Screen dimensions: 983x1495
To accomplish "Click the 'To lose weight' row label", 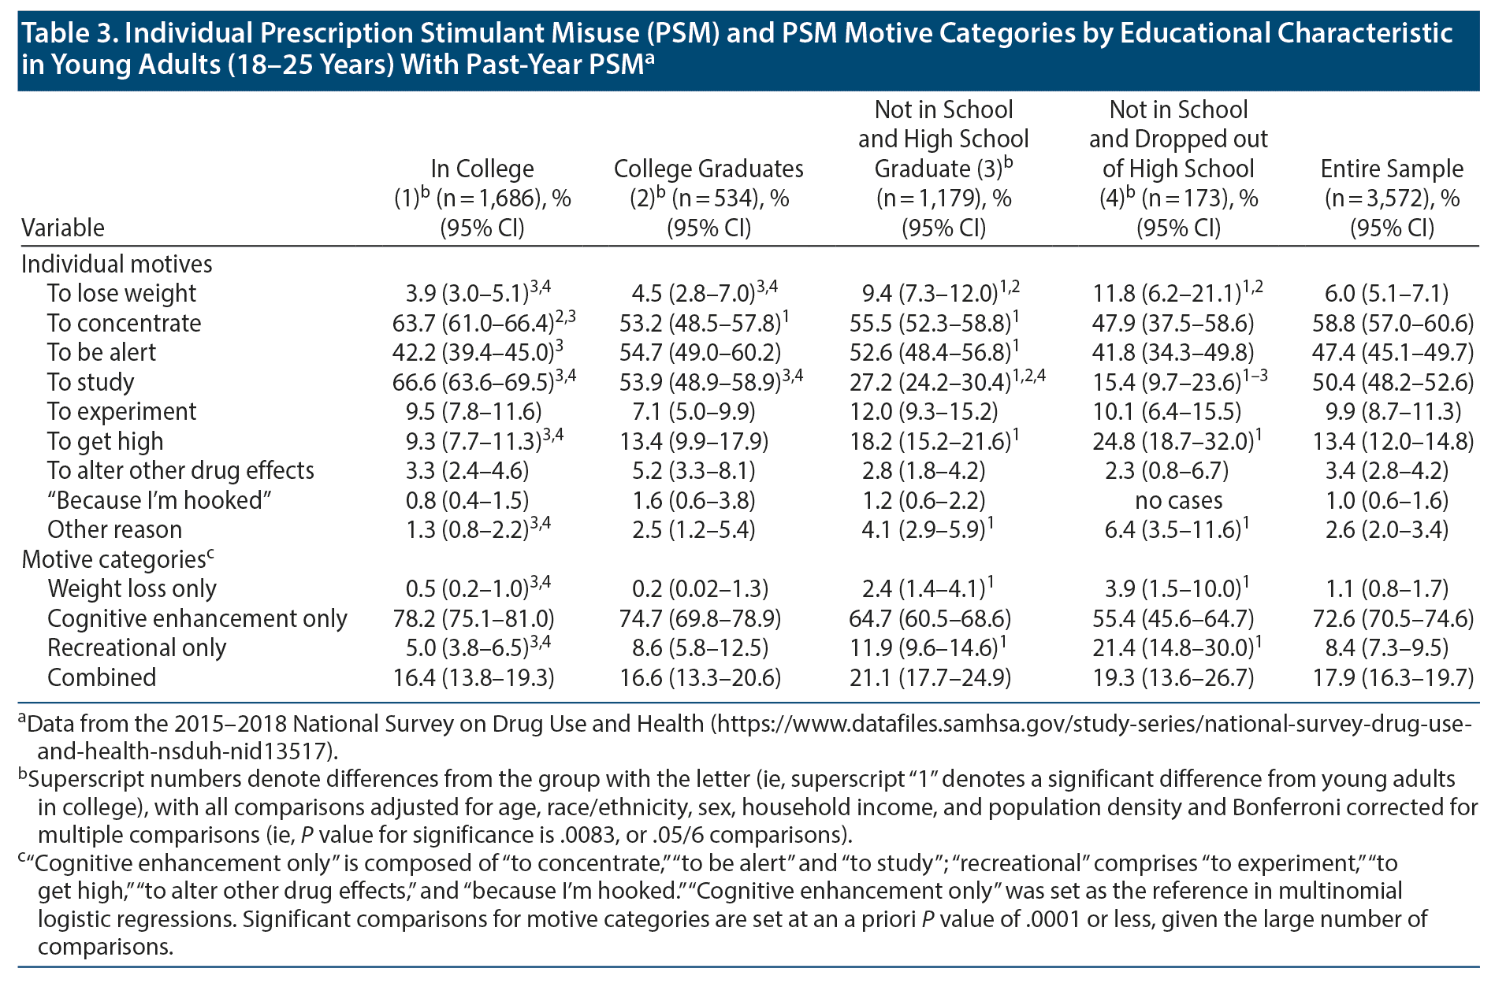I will pos(121,294).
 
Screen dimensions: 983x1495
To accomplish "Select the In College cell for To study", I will pos(482,382).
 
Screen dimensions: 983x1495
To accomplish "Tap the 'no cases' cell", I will pos(1178,500).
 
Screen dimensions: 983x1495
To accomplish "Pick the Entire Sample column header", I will pos(1392,198).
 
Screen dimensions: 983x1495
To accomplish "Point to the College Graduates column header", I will pos(708,198).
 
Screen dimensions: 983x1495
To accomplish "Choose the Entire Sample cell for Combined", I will pos(1392,677).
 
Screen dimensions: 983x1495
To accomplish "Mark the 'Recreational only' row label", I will pos(136,648).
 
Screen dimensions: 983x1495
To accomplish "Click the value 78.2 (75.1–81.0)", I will pos(473,618).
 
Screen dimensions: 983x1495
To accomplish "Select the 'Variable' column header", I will pos(63,228).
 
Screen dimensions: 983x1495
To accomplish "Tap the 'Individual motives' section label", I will pos(117,264).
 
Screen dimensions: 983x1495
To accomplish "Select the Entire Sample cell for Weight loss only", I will pos(1392,589).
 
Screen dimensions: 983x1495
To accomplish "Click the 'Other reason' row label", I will pos(114,530).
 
